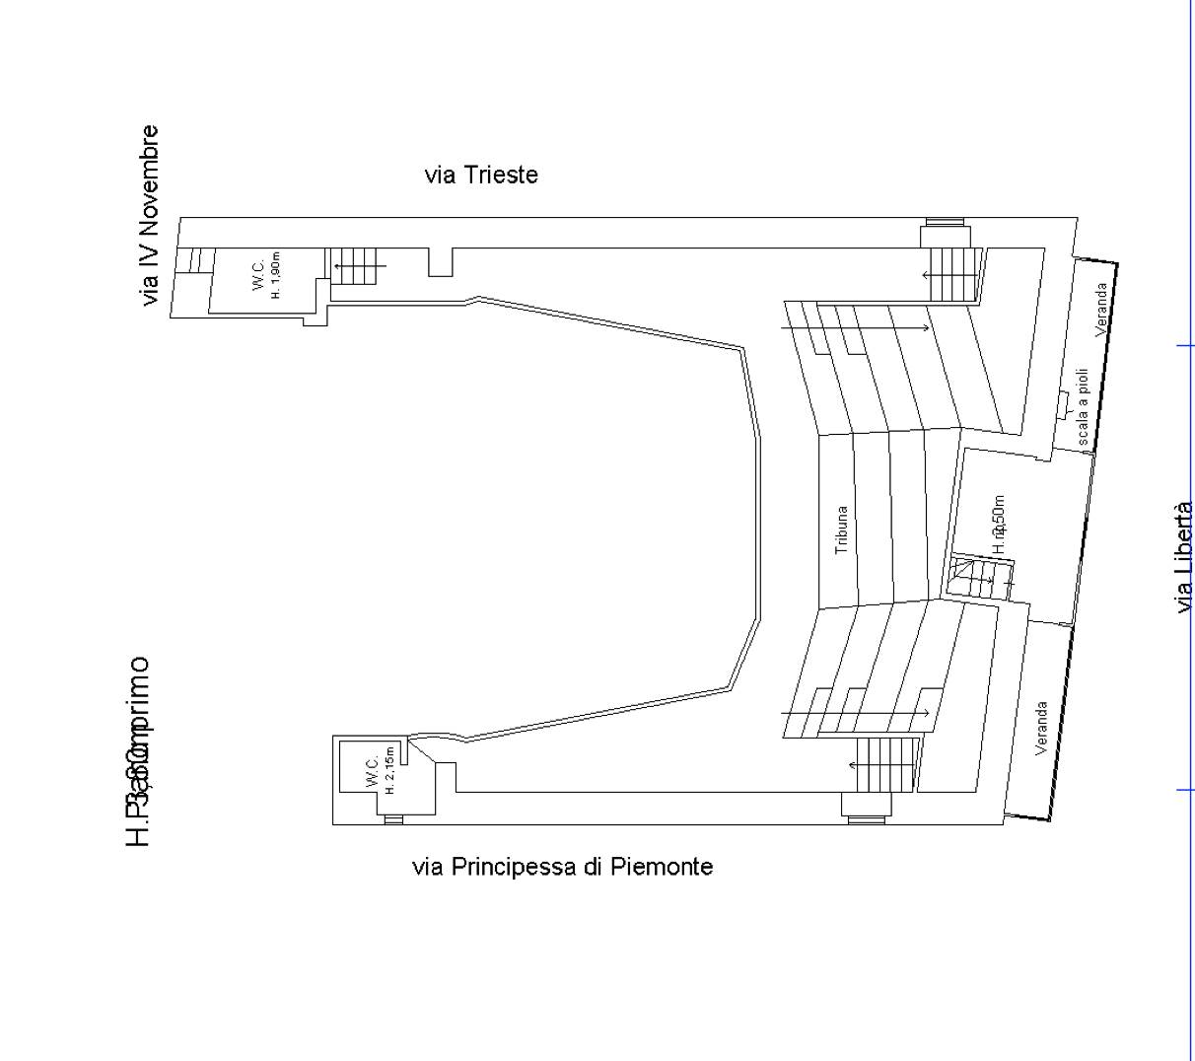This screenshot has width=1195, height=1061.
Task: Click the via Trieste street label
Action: coord(481,176)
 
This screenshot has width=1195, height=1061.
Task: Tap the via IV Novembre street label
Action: coord(149,215)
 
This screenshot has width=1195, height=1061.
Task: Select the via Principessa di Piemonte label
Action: coord(562,867)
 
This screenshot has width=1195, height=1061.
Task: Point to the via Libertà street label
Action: coord(1184,557)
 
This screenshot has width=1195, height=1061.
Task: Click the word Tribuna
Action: coord(841,530)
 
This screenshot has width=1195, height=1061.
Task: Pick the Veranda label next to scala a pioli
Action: coord(1101,310)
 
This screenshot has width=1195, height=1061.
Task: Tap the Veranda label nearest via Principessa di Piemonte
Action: coord(1041,729)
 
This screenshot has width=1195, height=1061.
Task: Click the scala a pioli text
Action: coord(1082,407)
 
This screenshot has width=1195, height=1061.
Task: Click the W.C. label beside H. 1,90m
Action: coord(258,275)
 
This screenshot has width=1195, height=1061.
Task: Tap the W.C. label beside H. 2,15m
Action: coord(372,771)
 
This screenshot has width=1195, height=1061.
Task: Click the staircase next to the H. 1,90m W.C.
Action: coord(353,266)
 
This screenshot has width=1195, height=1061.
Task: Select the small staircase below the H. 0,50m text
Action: coord(976,578)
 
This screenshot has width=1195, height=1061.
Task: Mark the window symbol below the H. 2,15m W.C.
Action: coord(393,819)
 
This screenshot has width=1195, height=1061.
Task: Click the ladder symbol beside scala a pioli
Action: coord(1063,405)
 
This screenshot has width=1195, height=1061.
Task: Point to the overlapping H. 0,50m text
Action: coord(999,523)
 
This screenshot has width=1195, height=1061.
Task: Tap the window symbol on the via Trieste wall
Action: coord(947,223)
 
